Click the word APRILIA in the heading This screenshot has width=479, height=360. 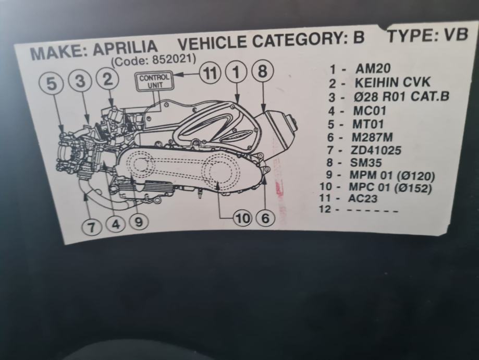click(x=126, y=49)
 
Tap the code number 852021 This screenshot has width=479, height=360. click(x=174, y=59)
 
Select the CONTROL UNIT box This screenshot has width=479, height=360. click(x=154, y=81)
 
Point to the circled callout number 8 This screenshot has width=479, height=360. click(x=262, y=71)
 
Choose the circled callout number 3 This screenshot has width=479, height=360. click(x=80, y=81)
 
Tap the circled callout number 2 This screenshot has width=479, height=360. click(x=107, y=79)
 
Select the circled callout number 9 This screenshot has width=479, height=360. click(x=139, y=222)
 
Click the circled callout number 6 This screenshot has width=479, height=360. click(x=265, y=219)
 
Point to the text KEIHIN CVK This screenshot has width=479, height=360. click(x=392, y=82)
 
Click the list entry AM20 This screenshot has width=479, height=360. click(x=373, y=68)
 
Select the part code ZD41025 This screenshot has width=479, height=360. click(x=376, y=150)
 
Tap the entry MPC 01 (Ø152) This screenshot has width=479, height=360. click(x=390, y=187)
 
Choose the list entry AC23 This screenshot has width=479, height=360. click(x=363, y=198)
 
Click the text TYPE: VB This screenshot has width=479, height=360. click(x=428, y=35)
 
